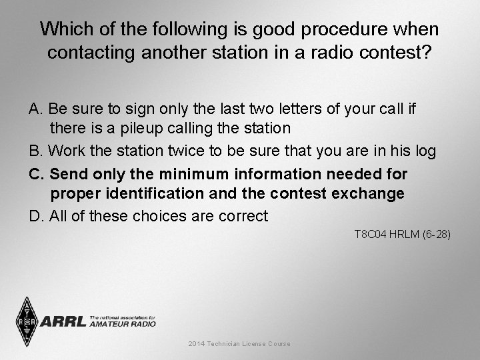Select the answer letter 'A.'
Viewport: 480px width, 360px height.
36,108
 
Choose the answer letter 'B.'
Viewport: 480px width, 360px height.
36,151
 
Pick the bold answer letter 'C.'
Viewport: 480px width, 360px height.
37,174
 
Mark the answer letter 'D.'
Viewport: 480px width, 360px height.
37,216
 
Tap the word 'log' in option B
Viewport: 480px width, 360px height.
425,151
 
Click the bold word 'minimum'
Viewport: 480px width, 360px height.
194,174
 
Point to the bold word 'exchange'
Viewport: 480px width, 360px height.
371,194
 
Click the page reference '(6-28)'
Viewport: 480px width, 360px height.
437,234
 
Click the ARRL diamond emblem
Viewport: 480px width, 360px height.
27,321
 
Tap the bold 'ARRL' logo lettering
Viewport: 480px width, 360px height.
64,322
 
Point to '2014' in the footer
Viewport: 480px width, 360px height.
197,344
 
